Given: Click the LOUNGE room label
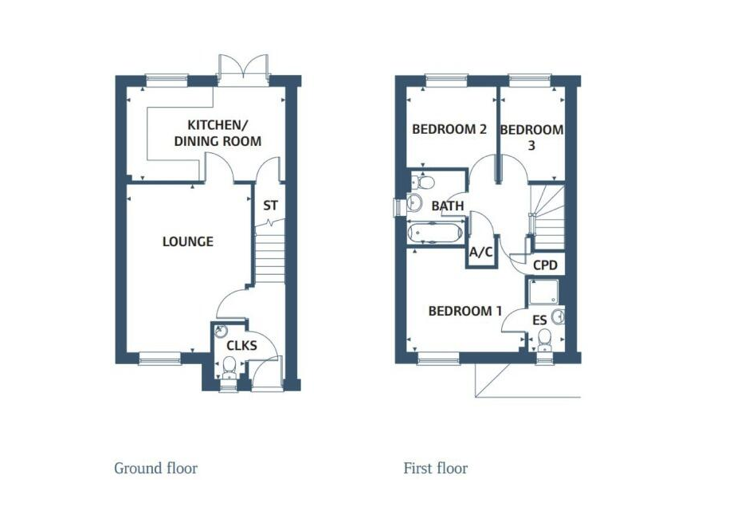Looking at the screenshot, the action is tap(188, 241).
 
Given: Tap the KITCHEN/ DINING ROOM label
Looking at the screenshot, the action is tap(218, 133).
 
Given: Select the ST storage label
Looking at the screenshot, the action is tap(270, 206).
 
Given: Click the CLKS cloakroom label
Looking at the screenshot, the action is tap(241, 346).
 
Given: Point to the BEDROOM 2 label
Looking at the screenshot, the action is tap(449, 129).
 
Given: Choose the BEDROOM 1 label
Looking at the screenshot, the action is tap(465, 311).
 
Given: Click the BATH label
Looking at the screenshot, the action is tap(448, 206).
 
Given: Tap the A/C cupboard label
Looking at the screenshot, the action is tap(481, 253).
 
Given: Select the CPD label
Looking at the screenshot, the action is tap(545, 265).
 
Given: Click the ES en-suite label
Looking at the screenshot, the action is tap(539, 320).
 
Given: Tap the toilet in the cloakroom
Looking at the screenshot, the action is tap(229, 367).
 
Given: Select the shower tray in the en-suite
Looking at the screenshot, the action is tap(543, 292).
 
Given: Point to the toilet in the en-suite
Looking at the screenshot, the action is tap(544, 339).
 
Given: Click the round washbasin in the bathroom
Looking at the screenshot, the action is tap(414, 202).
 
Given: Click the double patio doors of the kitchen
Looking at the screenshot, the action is tap(243, 67).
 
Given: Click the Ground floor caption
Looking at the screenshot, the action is tap(155, 469).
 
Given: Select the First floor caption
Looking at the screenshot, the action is tap(436, 469).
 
